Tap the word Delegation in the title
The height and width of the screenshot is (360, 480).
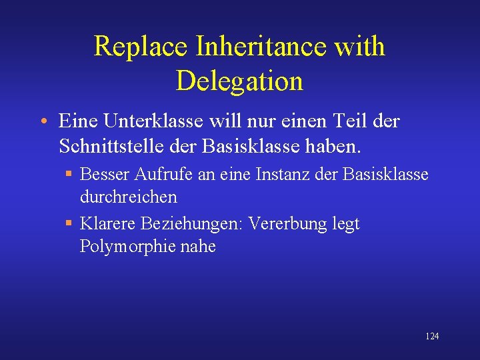[239, 81]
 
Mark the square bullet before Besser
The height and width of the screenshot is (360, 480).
[69, 175]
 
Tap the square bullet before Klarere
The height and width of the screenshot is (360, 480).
[69, 224]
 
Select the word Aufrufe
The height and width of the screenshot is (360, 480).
[161, 175]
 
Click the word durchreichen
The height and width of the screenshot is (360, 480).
[129, 197]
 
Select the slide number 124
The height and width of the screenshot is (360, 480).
[432, 337]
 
